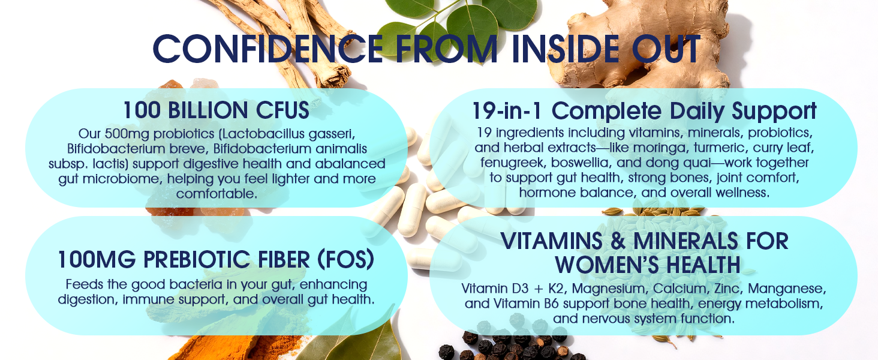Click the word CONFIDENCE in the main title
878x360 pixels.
point(268,49)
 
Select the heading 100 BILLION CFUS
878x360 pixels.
point(217,110)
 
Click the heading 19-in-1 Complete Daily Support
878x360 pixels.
point(644,111)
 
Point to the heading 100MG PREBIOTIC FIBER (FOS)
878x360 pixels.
point(216,260)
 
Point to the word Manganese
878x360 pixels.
point(787,289)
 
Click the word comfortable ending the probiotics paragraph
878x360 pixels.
point(217,193)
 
